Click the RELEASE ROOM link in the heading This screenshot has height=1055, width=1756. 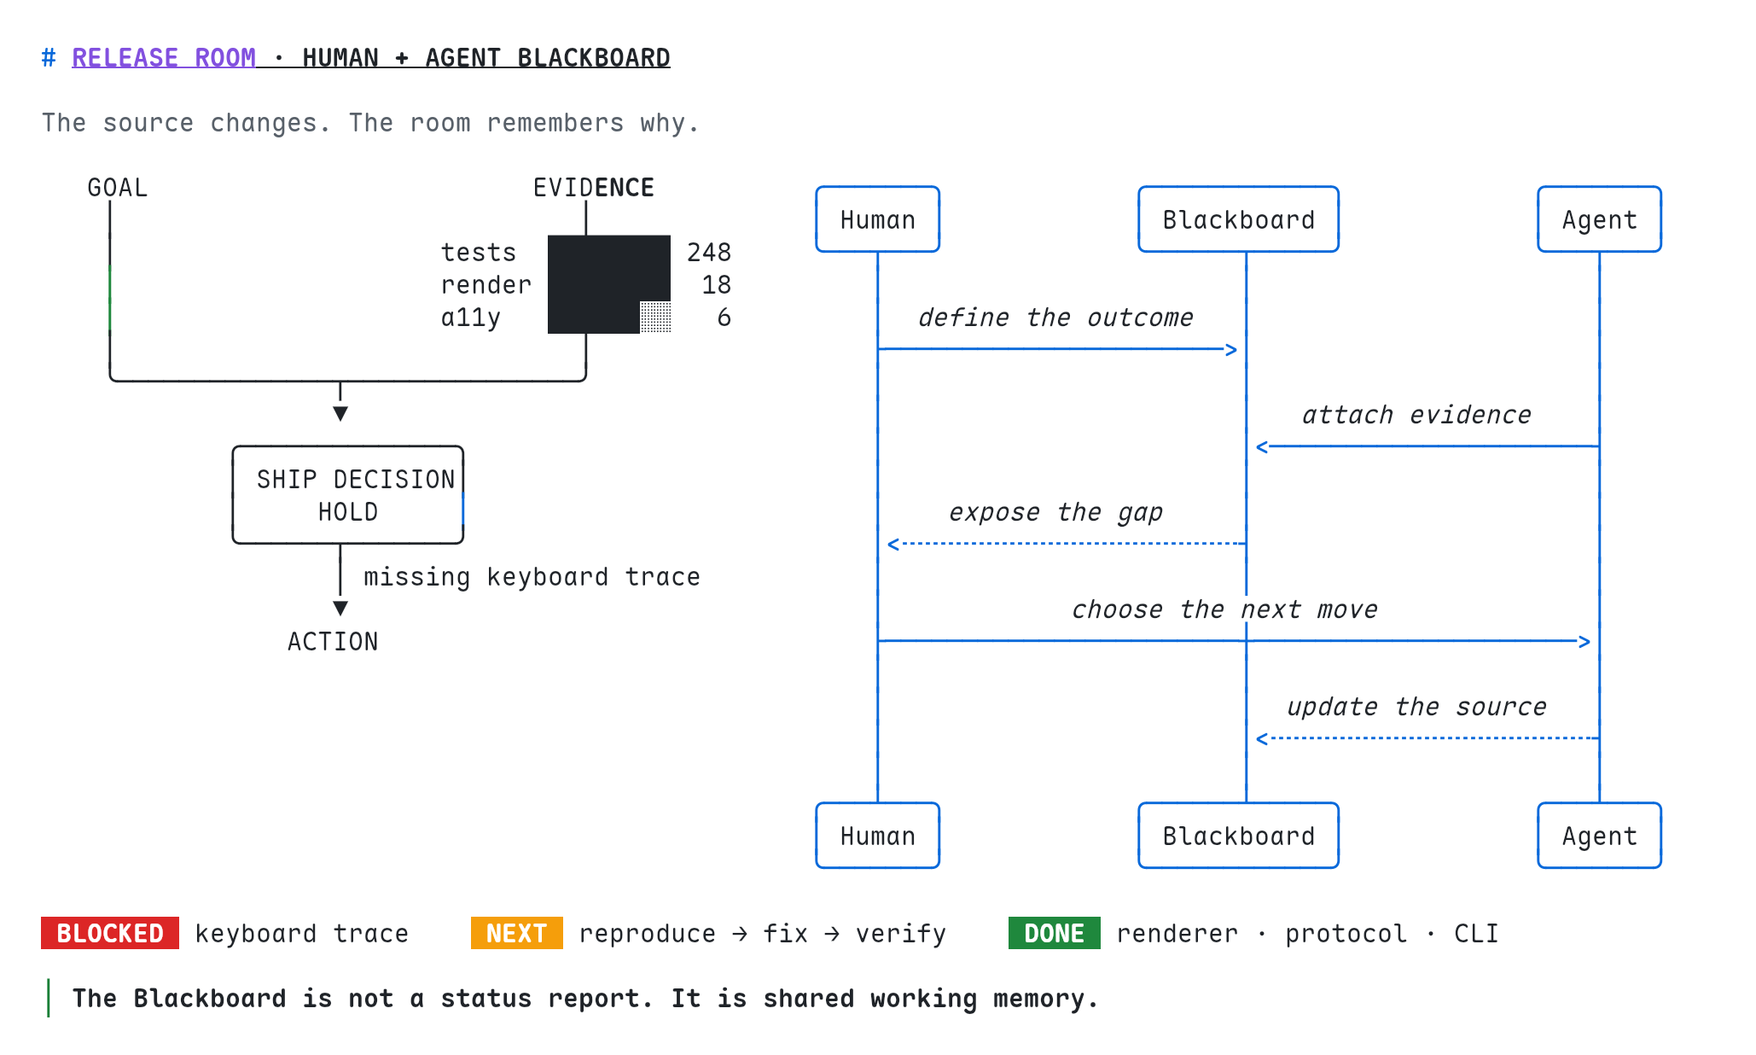point(164,58)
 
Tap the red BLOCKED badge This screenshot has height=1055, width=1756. point(110,933)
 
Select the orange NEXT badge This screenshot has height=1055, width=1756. point(517,933)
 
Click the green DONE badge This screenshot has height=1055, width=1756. point(1055,933)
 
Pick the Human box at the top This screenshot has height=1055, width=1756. point(878,219)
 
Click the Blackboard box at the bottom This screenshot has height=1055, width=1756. point(1239,836)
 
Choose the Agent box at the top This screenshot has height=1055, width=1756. point(1600,219)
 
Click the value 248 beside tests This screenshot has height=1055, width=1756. point(709,253)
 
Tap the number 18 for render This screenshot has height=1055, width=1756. point(717,285)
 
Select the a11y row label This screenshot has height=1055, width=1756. point(471,318)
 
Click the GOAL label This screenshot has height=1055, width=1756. point(118,188)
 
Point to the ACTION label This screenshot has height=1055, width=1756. point(333,642)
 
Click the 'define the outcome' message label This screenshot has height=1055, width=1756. point(1055,318)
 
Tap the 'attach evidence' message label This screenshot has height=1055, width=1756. point(1416,415)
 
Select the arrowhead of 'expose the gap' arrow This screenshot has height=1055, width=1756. point(893,544)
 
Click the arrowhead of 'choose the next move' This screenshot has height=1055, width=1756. point(1585,641)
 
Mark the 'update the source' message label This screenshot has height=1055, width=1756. point(1416,707)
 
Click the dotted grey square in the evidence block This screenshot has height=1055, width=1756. point(655,317)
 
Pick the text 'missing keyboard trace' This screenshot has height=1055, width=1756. point(532,577)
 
